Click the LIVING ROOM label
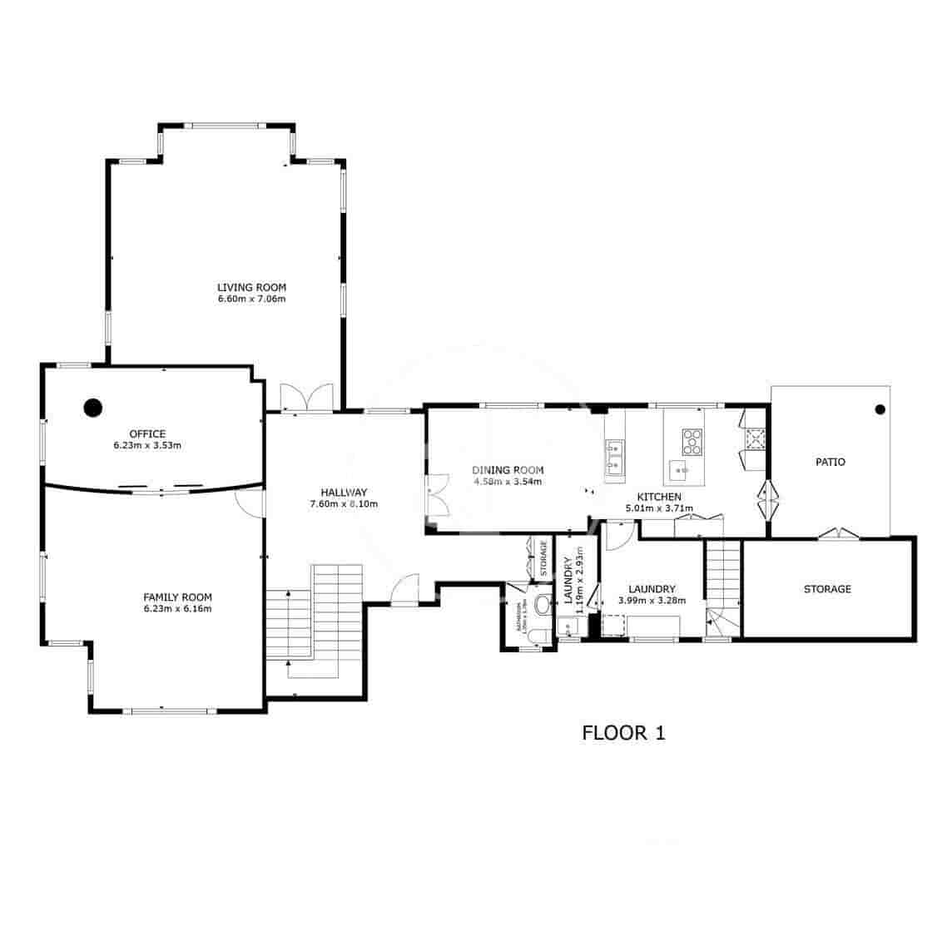[x=251, y=287]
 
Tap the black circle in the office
[x=92, y=407]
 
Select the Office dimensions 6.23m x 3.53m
[x=147, y=445]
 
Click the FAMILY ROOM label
[x=177, y=597]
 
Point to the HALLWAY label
[x=344, y=492]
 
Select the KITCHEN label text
[x=659, y=497]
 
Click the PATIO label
[x=830, y=461]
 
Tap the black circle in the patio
[x=880, y=409]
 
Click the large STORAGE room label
[x=827, y=589]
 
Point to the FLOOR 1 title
[x=623, y=733]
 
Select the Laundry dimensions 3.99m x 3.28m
[x=652, y=600]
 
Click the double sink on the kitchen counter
[x=615, y=453]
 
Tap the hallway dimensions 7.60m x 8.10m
[x=344, y=503]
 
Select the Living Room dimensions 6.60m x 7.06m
[x=251, y=299]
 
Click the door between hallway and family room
[x=250, y=502]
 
